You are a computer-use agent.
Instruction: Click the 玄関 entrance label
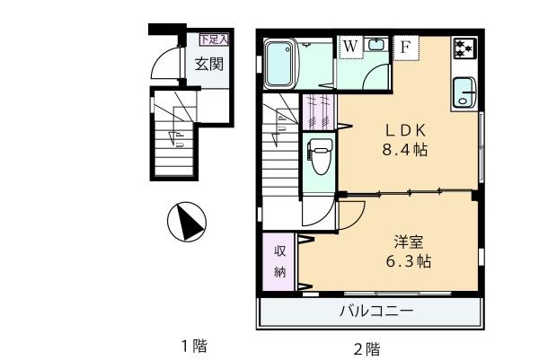coord(209,65)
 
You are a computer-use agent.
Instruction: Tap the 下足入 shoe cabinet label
coord(214,40)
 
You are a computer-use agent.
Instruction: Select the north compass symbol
coord(187,222)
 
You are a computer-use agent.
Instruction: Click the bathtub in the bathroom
coord(280,64)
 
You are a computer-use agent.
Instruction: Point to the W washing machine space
coord(350,46)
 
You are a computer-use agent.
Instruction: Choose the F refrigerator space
coord(405,48)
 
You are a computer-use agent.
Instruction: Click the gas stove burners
coord(464,48)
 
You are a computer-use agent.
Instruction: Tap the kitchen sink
coord(464,92)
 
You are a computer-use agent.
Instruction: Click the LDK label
coord(406,130)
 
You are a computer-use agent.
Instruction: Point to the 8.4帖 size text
coord(406,150)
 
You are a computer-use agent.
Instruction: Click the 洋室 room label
coord(409,242)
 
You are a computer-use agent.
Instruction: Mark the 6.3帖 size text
coord(409,262)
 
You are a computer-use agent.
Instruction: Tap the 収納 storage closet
coord(278,262)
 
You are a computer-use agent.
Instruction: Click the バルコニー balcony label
coord(376,312)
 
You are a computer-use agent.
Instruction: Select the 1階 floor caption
coord(195,346)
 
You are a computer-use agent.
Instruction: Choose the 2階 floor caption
coord(367,349)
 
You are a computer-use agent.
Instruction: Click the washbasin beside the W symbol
coord(376,45)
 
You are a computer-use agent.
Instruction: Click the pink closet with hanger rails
coord(319,112)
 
